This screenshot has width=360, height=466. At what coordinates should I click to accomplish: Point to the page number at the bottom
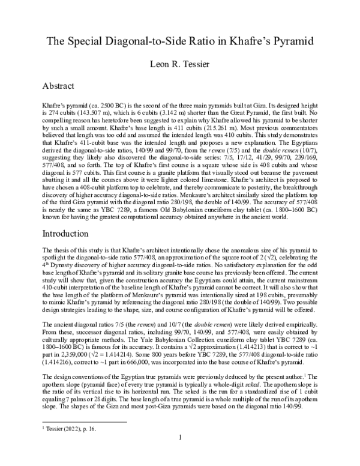(180, 454)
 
